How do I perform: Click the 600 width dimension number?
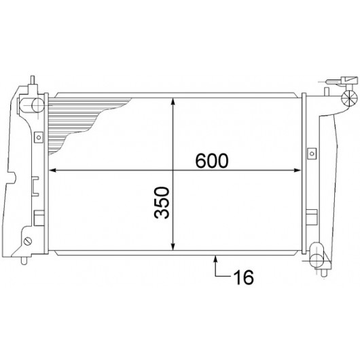[x=212, y=160]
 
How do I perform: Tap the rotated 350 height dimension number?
[x=162, y=202]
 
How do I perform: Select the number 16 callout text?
[x=243, y=277]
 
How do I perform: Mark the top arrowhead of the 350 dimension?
[x=173, y=102]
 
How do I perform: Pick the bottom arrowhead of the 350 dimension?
[x=173, y=247]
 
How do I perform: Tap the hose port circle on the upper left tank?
[x=37, y=105]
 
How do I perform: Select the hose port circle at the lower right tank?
[x=317, y=260]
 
